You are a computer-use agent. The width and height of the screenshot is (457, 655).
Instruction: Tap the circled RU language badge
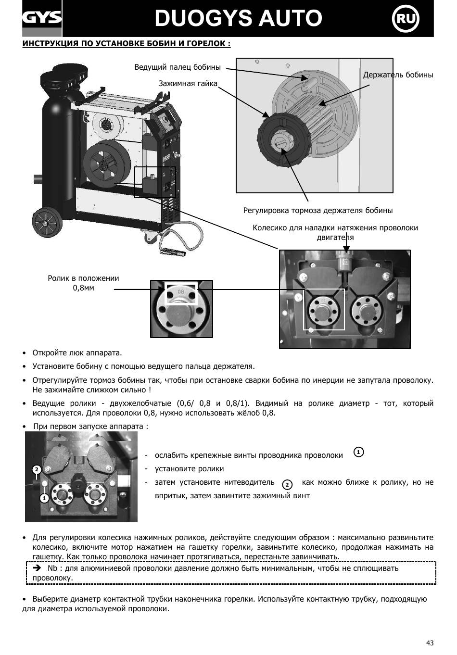click(406, 19)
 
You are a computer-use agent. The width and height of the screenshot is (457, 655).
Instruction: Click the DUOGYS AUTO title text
click(238, 18)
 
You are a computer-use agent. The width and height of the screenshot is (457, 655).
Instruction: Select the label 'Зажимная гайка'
click(188, 84)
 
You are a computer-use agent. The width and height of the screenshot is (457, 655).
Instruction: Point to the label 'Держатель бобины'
click(398, 75)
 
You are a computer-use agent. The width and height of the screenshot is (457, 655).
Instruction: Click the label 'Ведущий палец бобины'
click(178, 67)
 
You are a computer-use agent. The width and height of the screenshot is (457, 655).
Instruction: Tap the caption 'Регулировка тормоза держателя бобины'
click(317, 211)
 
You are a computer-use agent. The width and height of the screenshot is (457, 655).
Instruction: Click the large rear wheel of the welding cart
click(47, 223)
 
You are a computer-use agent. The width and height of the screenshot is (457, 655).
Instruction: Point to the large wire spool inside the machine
click(107, 164)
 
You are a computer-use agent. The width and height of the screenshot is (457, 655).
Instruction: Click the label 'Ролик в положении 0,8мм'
click(83, 283)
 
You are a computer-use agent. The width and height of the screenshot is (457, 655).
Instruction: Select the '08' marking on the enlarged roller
click(181, 291)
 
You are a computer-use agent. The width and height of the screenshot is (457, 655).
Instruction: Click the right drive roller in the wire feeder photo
click(366, 312)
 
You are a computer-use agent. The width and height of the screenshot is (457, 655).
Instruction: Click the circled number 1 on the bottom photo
click(44, 498)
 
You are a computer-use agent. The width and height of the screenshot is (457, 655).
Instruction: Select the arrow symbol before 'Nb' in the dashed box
click(37, 568)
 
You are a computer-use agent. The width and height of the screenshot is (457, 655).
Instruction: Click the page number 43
click(430, 642)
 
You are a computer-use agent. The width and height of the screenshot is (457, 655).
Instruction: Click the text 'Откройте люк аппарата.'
click(77, 353)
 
